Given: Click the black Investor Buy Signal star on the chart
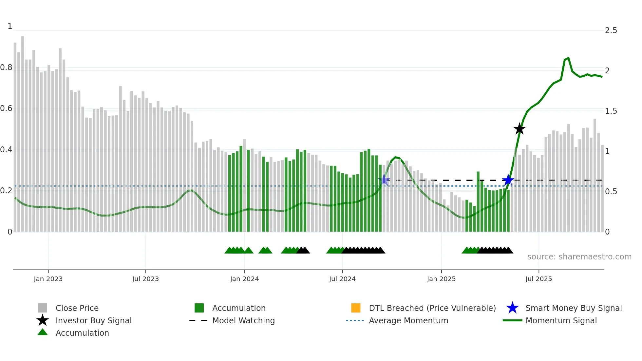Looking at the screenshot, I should click(519, 129).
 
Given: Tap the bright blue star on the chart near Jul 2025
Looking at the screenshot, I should click(508, 180).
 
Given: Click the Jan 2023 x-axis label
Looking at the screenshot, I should click(48, 279).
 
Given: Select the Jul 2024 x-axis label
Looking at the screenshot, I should click(342, 279).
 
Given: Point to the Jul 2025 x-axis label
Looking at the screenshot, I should click(538, 279).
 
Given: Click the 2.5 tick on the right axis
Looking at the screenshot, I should click(611, 30).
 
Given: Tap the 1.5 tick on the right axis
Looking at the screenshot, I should click(611, 111).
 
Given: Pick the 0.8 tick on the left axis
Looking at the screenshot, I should click(6, 67).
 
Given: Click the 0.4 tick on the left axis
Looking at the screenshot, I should click(6, 150).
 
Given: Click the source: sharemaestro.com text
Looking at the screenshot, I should click(579, 256).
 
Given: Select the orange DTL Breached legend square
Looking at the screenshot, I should click(356, 308).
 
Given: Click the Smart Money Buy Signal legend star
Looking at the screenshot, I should click(512, 308).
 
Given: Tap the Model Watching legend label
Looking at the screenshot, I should click(243, 320).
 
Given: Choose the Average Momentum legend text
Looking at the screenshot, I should click(408, 320).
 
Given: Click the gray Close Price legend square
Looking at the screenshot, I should click(43, 308).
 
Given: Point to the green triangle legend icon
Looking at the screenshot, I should click(43, 332).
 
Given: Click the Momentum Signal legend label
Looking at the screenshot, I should click(561, 320).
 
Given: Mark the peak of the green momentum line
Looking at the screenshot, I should click(568, 58).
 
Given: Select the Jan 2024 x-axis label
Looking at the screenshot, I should click(244, 279).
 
